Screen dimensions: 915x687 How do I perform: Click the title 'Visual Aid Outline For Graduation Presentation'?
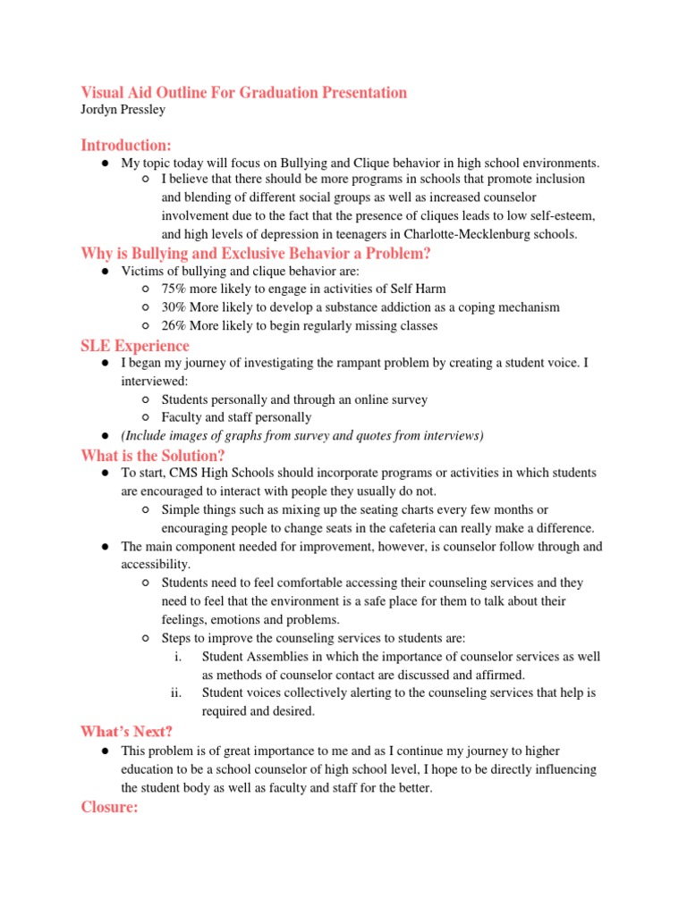pos(243,92)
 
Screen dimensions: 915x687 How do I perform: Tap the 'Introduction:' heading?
pos(126,145)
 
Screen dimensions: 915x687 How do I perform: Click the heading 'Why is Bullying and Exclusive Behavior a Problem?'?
pos(256,254)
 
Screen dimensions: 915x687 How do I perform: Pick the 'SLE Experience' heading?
pos(135,345)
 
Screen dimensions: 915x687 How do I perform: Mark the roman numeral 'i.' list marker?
pos(178,657)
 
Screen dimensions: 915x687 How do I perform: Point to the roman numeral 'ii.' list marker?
pos(176,693)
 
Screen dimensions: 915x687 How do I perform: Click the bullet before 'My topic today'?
pos(105,163)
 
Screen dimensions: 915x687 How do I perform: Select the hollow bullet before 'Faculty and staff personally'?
pos(146,417)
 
